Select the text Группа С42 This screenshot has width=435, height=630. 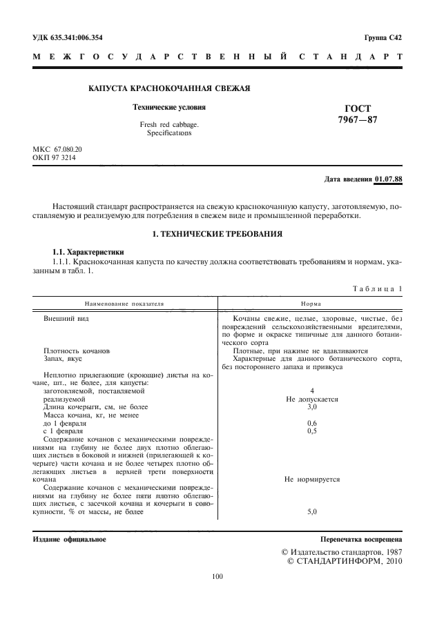383,37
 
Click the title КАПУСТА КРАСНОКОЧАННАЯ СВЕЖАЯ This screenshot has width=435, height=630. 169,89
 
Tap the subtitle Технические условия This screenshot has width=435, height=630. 168,108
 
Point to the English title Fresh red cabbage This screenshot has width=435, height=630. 168,124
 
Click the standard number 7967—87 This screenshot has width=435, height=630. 357,120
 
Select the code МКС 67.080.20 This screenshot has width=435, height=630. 57,149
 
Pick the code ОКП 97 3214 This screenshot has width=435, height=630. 55,158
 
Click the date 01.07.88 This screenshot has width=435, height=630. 388,179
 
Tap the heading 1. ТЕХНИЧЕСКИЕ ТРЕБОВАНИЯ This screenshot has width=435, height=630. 217,235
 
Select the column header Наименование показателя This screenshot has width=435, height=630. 125,303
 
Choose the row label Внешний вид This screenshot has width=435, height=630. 66,319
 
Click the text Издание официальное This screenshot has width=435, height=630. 70,538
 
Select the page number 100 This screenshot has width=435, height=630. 217,577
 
